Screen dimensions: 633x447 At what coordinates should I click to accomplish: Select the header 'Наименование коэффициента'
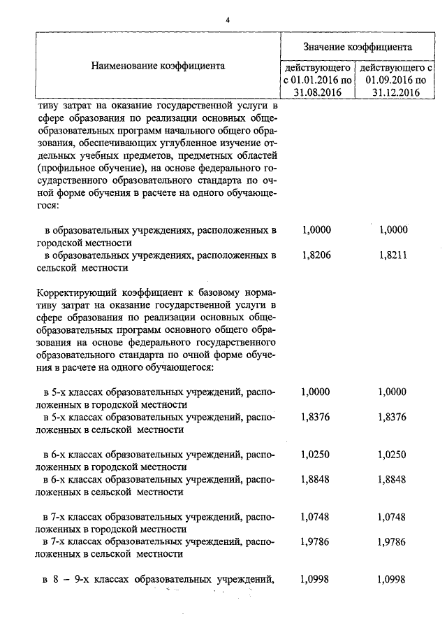(158, 66)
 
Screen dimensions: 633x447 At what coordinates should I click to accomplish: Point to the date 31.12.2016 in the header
(395, 92)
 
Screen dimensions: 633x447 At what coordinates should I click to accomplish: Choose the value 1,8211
(392, 256)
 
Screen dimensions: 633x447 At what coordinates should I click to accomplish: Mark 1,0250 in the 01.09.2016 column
(392, 455)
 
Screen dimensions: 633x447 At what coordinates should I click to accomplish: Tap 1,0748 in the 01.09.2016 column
(392, 518)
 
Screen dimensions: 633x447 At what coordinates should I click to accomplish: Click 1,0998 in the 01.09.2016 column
(392, 579)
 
